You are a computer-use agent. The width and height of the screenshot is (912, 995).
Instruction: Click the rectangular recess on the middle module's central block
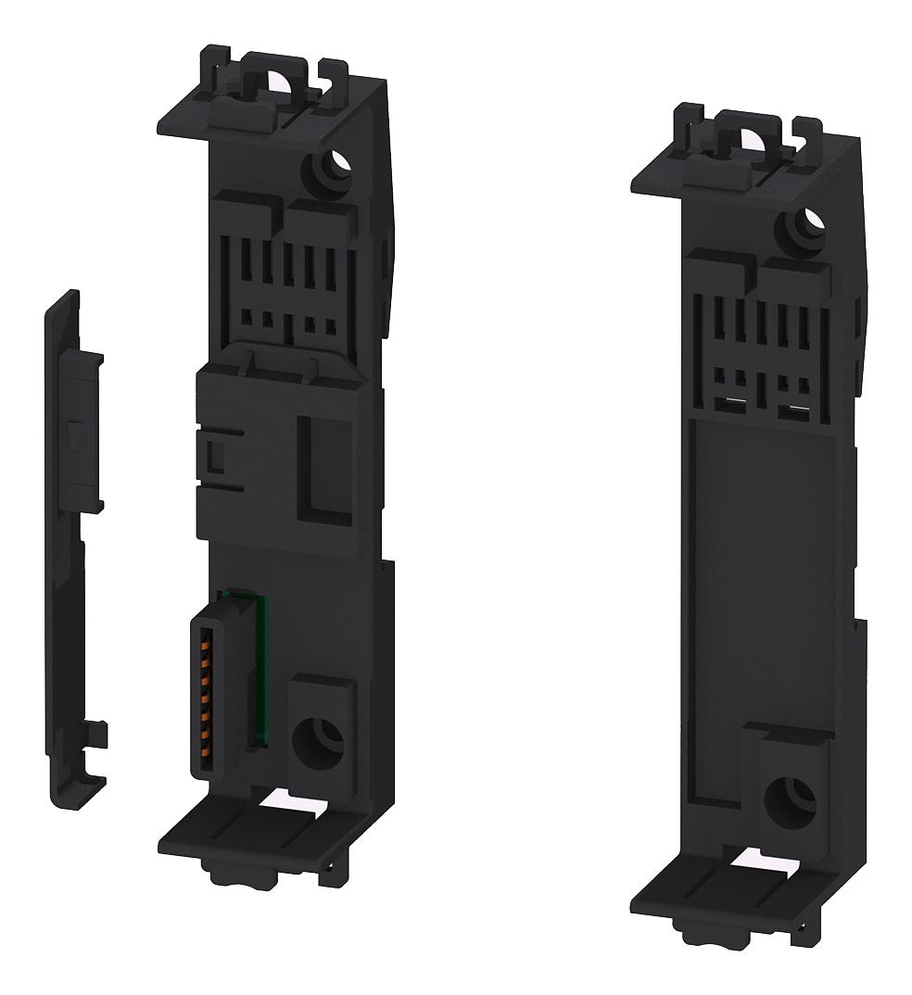click(320, 463)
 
